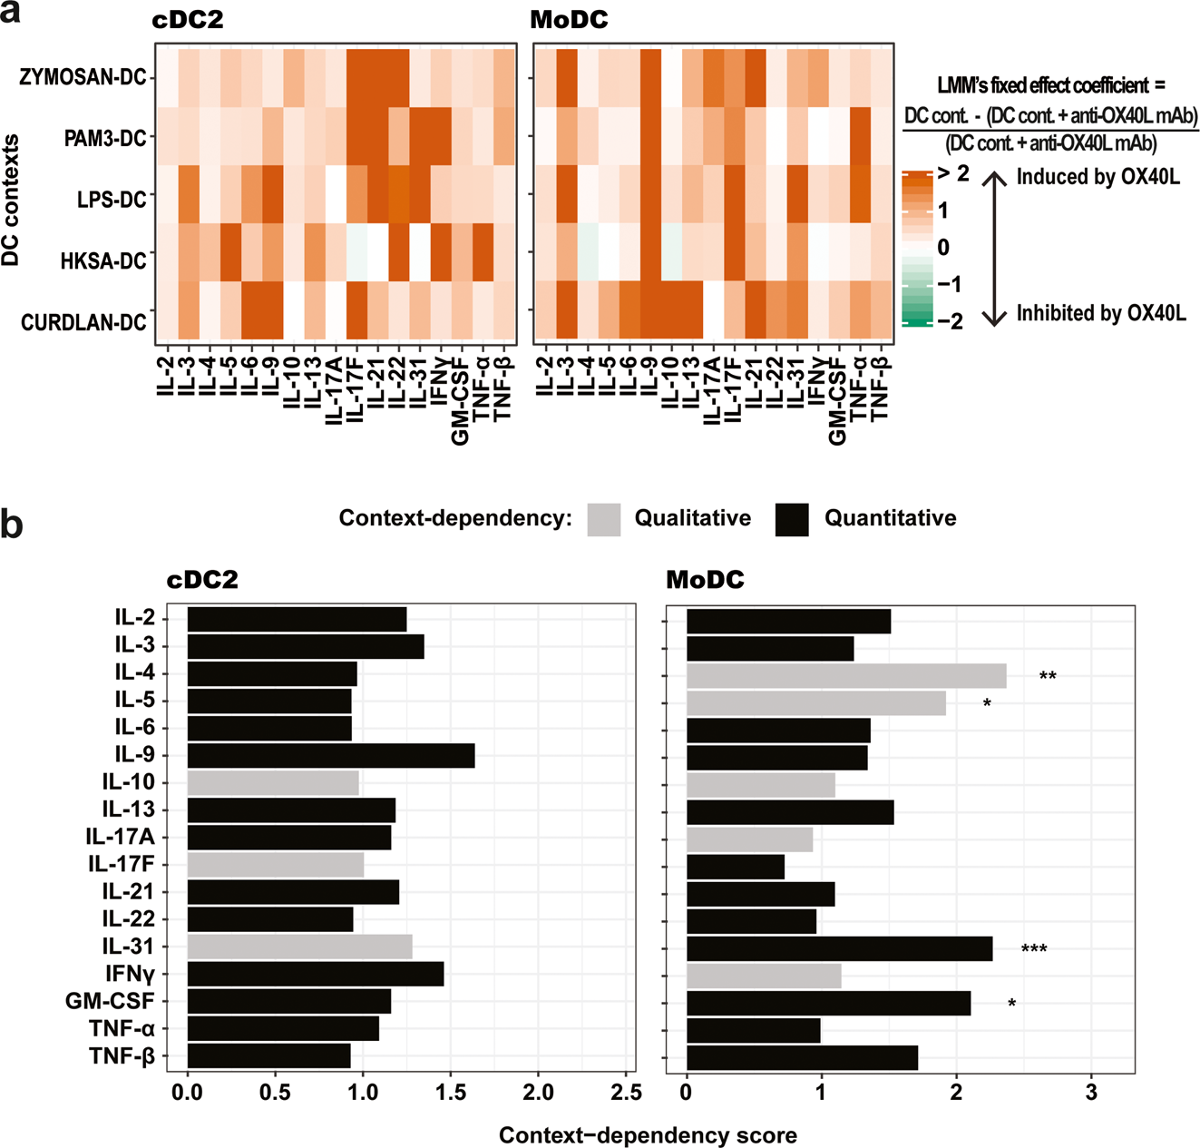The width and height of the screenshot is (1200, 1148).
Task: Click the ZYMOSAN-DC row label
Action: (83, 77)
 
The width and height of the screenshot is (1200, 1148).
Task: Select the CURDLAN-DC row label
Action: (83, 322)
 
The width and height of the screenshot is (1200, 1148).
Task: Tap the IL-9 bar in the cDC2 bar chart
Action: (330, 755)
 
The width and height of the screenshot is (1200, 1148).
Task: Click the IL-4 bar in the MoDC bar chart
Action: (845, 676)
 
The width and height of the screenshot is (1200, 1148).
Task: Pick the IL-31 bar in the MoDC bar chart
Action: (839, 949)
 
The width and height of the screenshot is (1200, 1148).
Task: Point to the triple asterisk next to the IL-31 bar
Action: (1034, 950)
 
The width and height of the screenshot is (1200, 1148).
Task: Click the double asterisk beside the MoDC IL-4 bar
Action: (1048, 677)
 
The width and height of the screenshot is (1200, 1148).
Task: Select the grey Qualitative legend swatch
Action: (604, 519)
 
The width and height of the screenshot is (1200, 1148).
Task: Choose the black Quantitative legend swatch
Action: (792, 519)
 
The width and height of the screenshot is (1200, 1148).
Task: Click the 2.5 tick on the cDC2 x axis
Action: (625, 1093)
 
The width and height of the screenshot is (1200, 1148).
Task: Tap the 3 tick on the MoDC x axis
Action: (1091, 1093)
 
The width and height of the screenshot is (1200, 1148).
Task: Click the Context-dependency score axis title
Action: (648, 1135)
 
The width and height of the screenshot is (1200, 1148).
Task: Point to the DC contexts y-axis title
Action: (11, 200)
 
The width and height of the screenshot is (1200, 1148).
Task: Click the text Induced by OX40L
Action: (1098, 177)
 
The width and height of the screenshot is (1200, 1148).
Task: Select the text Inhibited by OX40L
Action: (1100, 314)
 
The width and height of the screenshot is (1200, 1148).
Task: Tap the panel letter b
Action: (13, 525)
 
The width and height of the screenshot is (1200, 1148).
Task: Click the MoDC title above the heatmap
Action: (569, 20)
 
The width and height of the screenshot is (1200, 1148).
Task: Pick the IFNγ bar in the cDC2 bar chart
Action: (315, 974)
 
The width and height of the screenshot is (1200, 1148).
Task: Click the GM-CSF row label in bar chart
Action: (110, 1001)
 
